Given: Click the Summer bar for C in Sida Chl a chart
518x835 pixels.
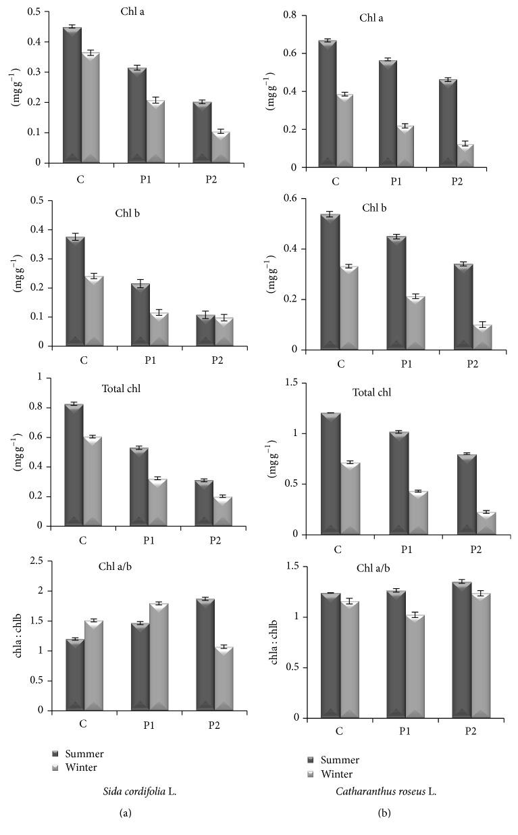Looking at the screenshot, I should click(72, 95).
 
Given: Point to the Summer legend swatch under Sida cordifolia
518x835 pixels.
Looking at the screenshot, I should click(56, 753).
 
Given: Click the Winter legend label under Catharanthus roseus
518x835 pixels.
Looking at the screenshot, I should click(338, 773).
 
